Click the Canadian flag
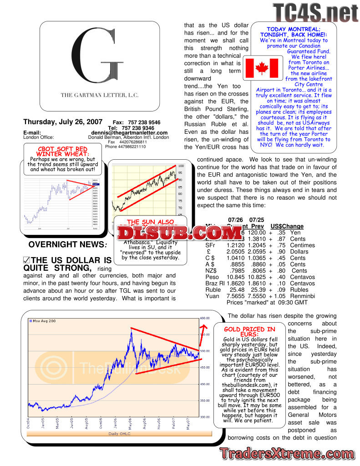pos(261,68)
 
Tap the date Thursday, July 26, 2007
pos(62,122)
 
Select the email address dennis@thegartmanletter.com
pos(129,133)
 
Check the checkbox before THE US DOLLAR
pos(26,261)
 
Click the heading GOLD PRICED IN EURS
pos(249,332)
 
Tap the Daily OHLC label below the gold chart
pos(120,434)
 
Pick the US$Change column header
pos(287,226)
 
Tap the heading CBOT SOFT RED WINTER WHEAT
pos(62,152)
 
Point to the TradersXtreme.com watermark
pos(287,453)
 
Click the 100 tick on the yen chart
pos(181,166)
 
